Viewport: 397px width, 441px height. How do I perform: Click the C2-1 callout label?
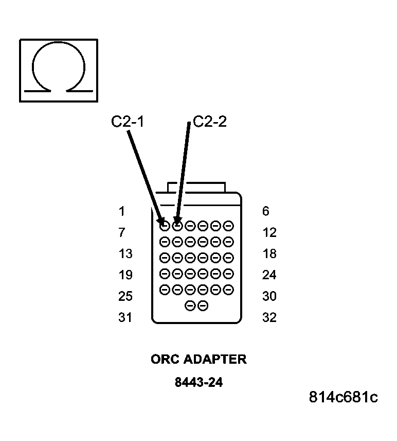tap(127, 122)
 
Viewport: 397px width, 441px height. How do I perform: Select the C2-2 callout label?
tap(210, 122)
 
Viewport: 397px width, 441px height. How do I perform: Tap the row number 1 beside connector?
tap(121, 211)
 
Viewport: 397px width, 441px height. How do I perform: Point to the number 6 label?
tap(265, 211)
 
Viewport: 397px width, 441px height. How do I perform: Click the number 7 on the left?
tap(121, 233)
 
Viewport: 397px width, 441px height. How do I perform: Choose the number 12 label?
tap(269, 233)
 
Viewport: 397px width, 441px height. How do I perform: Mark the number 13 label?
tap(125, 254)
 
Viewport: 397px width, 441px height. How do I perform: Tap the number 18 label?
tap(269, 254)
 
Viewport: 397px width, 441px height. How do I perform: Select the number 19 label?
tap(125, 275)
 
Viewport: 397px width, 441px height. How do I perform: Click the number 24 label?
tap(269, 275)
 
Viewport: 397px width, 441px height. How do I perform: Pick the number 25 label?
tap(125, 296)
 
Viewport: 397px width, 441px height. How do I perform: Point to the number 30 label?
tap(269, 296)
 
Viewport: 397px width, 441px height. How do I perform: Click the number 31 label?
tap(125, 318)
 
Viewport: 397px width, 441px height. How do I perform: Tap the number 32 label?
tap(269, 318)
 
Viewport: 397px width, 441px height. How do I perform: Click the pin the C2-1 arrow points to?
tap(165, 226)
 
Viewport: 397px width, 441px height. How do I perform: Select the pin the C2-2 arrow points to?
tap(177, 226)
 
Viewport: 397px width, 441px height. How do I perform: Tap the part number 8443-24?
tap(199, 383)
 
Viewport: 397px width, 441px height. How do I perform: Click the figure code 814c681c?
tap(344, 397)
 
